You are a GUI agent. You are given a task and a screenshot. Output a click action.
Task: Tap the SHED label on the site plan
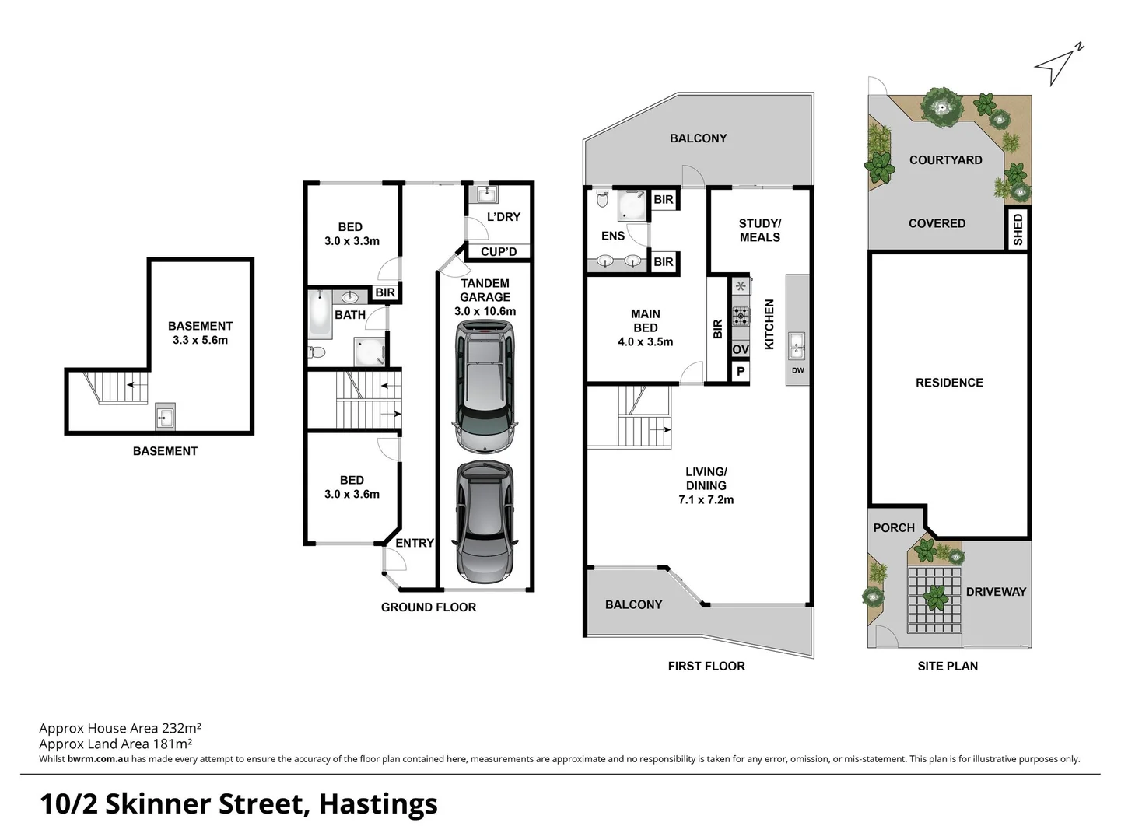point(1018,229)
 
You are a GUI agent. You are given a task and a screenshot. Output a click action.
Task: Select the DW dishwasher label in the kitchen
point(797,371)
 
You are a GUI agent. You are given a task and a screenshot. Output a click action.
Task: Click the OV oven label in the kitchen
point(741,350)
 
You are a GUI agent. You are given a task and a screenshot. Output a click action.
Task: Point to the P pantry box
point(741,372)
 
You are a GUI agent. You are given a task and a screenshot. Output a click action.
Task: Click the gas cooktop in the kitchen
point(741,316)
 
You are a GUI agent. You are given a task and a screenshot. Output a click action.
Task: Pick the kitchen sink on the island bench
point(797,346)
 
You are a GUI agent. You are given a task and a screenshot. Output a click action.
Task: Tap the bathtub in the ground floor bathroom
point(320,312)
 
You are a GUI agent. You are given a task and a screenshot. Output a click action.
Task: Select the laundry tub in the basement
point(165,417)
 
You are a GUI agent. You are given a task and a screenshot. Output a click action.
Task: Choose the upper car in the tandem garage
point(485,387)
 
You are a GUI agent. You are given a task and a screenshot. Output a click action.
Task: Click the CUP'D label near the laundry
point(499,252)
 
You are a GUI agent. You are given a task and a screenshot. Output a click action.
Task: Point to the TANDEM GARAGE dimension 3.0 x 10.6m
point(485,311)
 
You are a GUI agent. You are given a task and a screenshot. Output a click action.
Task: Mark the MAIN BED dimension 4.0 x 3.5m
point(646,341)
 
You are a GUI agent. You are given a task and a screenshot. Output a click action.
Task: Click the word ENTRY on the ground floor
point(415,543)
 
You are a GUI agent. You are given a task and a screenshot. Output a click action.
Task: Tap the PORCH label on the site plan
point(894,527)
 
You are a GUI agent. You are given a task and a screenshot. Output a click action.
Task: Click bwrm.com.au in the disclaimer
point(98,759)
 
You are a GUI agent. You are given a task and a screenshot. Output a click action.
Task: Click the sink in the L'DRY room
point(487,194)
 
